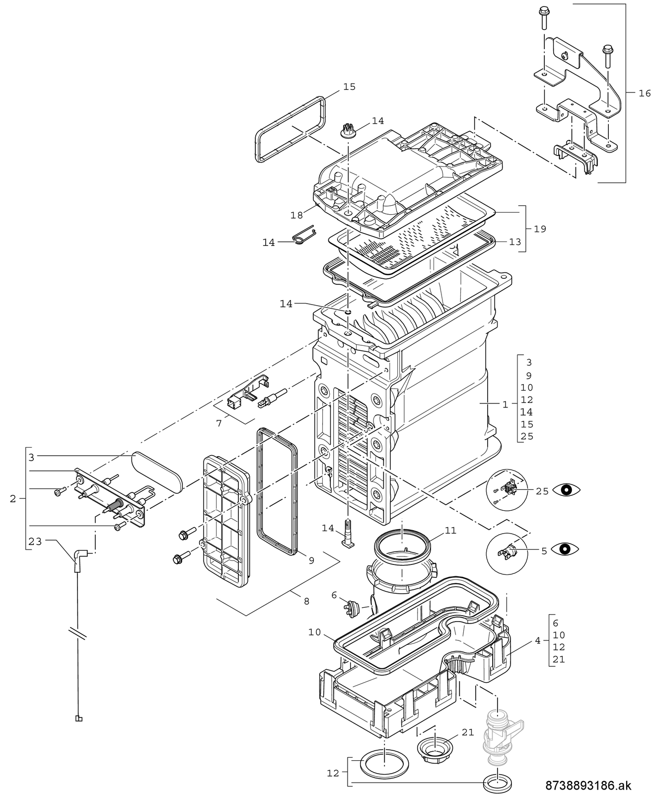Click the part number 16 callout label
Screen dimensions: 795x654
(644, 93)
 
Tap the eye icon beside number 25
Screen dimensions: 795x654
(566, 490)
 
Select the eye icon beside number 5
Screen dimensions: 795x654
(566, 549)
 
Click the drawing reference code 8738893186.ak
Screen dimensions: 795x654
(588, 785)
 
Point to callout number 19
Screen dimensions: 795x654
(540, 229)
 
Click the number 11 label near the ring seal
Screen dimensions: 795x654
(450, 531)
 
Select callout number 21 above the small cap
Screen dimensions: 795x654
(468, 732)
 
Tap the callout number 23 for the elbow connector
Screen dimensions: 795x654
(35, 542)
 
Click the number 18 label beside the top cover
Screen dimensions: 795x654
(296, 215)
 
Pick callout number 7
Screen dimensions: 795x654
(218, 423)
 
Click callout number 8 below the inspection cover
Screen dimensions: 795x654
(306, 601)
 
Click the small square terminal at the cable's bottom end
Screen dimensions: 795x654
(78, 718)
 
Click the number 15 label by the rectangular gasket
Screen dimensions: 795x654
(349, 86)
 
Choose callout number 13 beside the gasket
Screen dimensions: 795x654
(515, 242)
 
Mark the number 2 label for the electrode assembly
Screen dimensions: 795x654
(13, 498)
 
